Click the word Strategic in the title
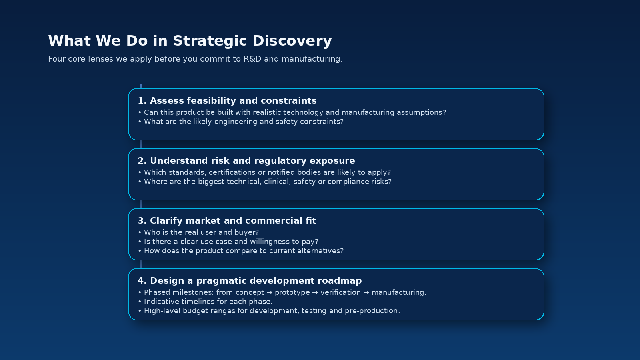pos(210,41)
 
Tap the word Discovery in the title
pos(292,41)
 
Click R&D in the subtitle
pos(252,59)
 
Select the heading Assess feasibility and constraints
pos(227,101)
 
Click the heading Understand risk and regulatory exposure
pos(246,161)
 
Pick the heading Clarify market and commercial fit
pos(227,221)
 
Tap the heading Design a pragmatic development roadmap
pos(250,281)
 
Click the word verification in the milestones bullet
pos(340,292)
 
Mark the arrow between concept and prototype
pos(270,292)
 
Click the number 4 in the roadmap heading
pos(140,281)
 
